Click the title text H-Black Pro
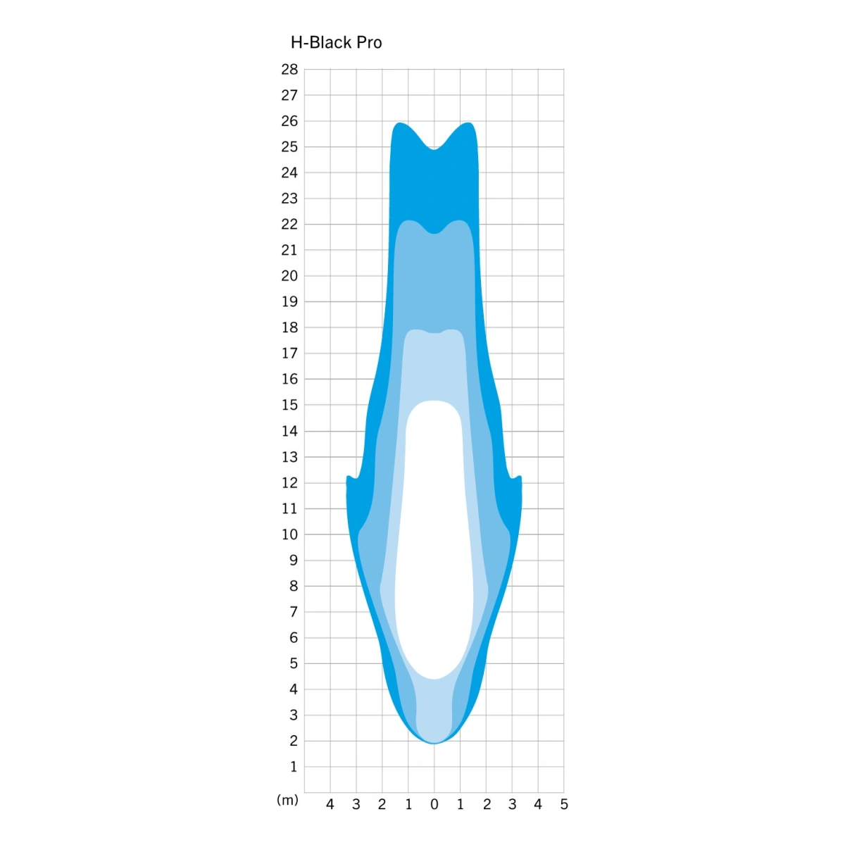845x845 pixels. coord(337,42)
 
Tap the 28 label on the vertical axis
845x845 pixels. coord(289,69)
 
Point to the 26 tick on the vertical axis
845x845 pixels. coord(289,121)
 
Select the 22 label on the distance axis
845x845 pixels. coord(289,224)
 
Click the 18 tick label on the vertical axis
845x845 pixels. coord(289,327)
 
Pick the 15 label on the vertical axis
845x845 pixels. coord(289,405)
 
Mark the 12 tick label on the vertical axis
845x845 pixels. coord(289,483)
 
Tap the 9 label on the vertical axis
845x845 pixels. coord(294,560)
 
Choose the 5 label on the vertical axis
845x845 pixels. coord(294,663)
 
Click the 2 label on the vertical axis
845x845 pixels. coord(294,741)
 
